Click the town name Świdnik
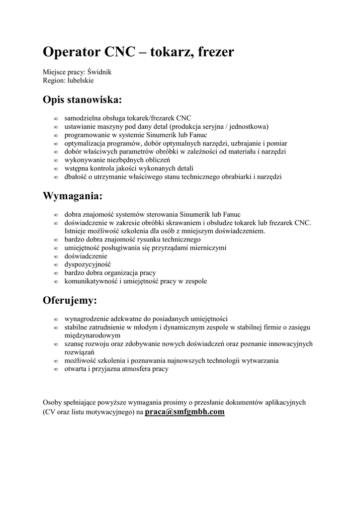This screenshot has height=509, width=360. point(99,72)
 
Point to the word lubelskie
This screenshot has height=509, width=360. point(79,80)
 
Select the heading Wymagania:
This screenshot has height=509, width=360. point(73,196)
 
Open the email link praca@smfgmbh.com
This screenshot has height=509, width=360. point(184,412)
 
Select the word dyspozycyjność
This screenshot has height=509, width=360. point(88,264)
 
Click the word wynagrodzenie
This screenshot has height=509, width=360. point(87,319)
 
